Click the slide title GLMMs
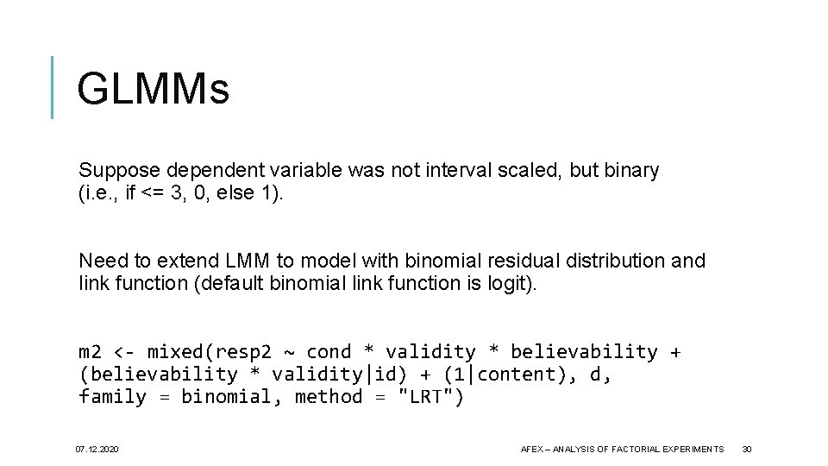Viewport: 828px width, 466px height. pyautogui.click(x=153, y=89)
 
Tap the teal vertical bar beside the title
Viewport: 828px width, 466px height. pyautogui.click(x=53, y=87)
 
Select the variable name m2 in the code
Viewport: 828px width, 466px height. pyautogui.click(x=90, y=352)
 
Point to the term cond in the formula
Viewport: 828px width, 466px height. pyautogui.click(x=329, y=352)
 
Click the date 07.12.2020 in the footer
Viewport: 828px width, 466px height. pyautogui.click(x=98, y=449)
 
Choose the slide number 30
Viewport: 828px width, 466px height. pyautogui.click(x=747, y=449)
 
